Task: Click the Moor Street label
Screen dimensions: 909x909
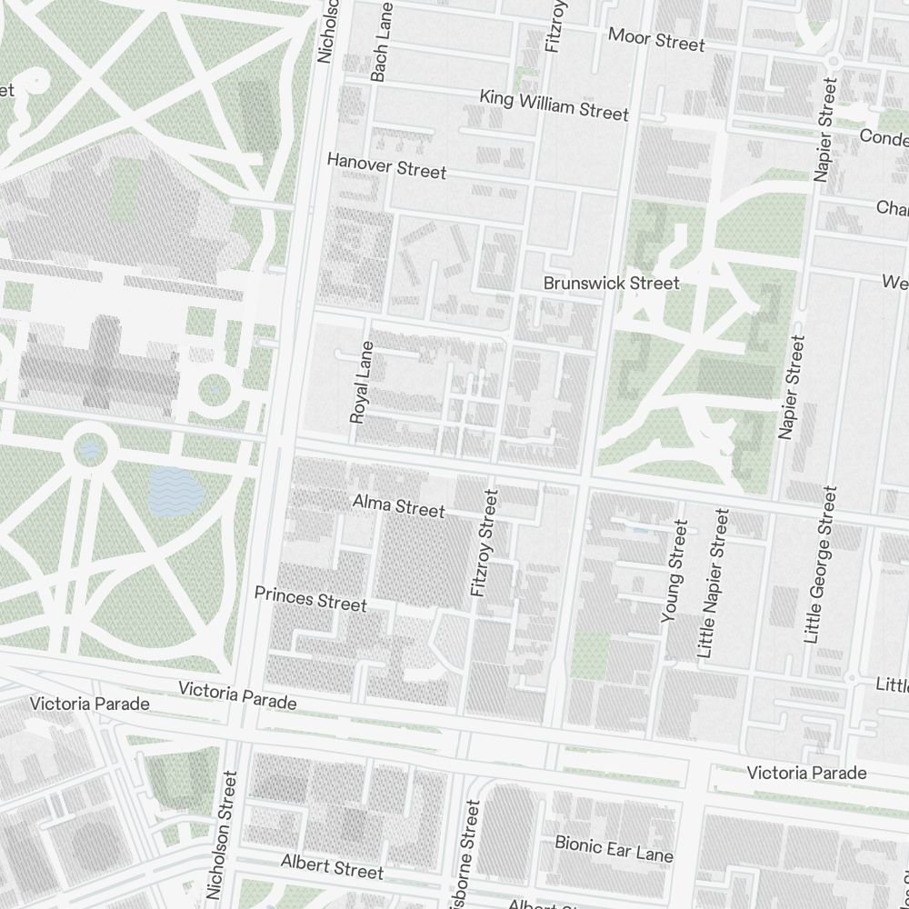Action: pyautogui.click(x=656, y=41)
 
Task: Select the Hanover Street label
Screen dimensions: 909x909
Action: pyautogui.click(x=386, y=165)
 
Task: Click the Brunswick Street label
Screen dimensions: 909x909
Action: pyautogui.click(x=611, y=283)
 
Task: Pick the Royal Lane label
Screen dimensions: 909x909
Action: pyautogui.click(x=361, y=382)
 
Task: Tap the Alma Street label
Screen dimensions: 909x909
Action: pyautogui.click(x=398, y=506)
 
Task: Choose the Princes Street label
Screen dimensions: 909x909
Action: pyautogui.click(x=310, y=599)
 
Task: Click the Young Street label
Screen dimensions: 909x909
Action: pyautogui.click(x=674, y=571)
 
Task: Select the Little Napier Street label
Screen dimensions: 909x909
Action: pyautogui.click(x=714, y=583)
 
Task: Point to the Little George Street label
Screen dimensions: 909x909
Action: pyautogui.click(x=819, y=564)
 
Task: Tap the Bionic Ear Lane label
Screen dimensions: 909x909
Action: pyautogui.click(x=614, y=849)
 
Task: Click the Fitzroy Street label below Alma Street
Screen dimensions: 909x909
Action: pyautogui.click(x=484, y=543)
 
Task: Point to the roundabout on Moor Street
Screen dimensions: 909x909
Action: pyautogui.click(x=832, y=60)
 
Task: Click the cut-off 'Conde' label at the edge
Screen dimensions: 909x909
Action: pyautogui.click(x=884, y=138)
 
